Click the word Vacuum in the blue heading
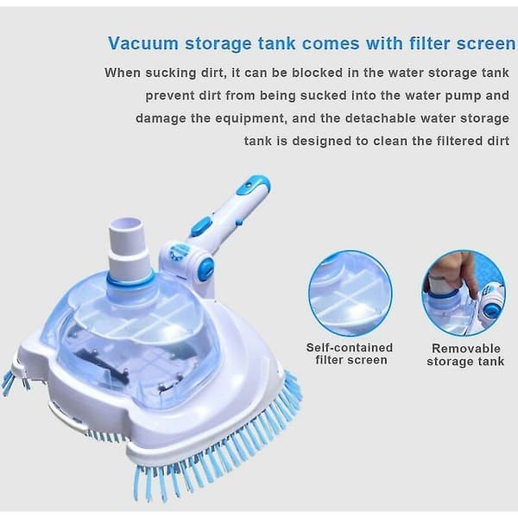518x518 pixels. click(x=143, y=43)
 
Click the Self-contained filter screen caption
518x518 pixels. click(x=351, y=354)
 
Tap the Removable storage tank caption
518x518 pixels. click(x=465, y=355)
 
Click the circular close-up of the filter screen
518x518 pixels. click(x=351, y=294)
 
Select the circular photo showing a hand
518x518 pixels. click(x=464, y=294)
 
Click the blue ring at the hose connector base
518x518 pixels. click(x=130, y=280)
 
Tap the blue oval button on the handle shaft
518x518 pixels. click(x=201, y=225)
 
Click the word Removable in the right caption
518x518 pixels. click(x=466, y=349)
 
